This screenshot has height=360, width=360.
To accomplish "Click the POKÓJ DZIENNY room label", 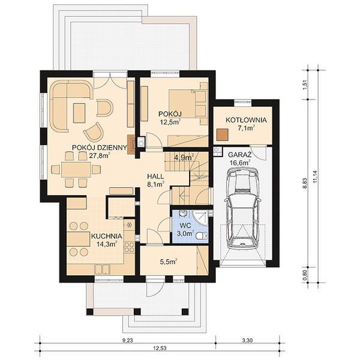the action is pos(100,148).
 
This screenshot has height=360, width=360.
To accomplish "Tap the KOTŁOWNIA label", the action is pos(246,120).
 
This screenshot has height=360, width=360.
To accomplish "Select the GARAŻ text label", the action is pos(239,155).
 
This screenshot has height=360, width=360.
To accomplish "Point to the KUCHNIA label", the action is pos(107,236).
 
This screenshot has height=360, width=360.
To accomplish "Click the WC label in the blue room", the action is pos(185,225).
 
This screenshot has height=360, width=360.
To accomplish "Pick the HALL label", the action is pos(155,176).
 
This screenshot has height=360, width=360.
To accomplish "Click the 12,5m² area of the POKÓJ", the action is pos(170,122).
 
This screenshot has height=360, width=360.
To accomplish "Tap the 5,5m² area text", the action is pos(169,261).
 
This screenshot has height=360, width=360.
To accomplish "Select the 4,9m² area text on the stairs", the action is pos(184,157).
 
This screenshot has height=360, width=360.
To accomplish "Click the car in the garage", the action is pos(242,208).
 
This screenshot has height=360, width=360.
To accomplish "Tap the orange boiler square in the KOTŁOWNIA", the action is pos(223,134).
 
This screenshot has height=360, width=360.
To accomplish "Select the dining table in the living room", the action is pos(76,169).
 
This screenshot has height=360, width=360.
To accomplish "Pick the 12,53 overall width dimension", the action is pos(160,348).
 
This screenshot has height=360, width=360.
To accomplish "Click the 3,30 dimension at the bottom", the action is pos(247,340).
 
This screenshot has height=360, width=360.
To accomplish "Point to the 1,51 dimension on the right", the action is pos(305,85).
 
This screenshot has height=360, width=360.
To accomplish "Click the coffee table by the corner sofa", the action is pos(79,113).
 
